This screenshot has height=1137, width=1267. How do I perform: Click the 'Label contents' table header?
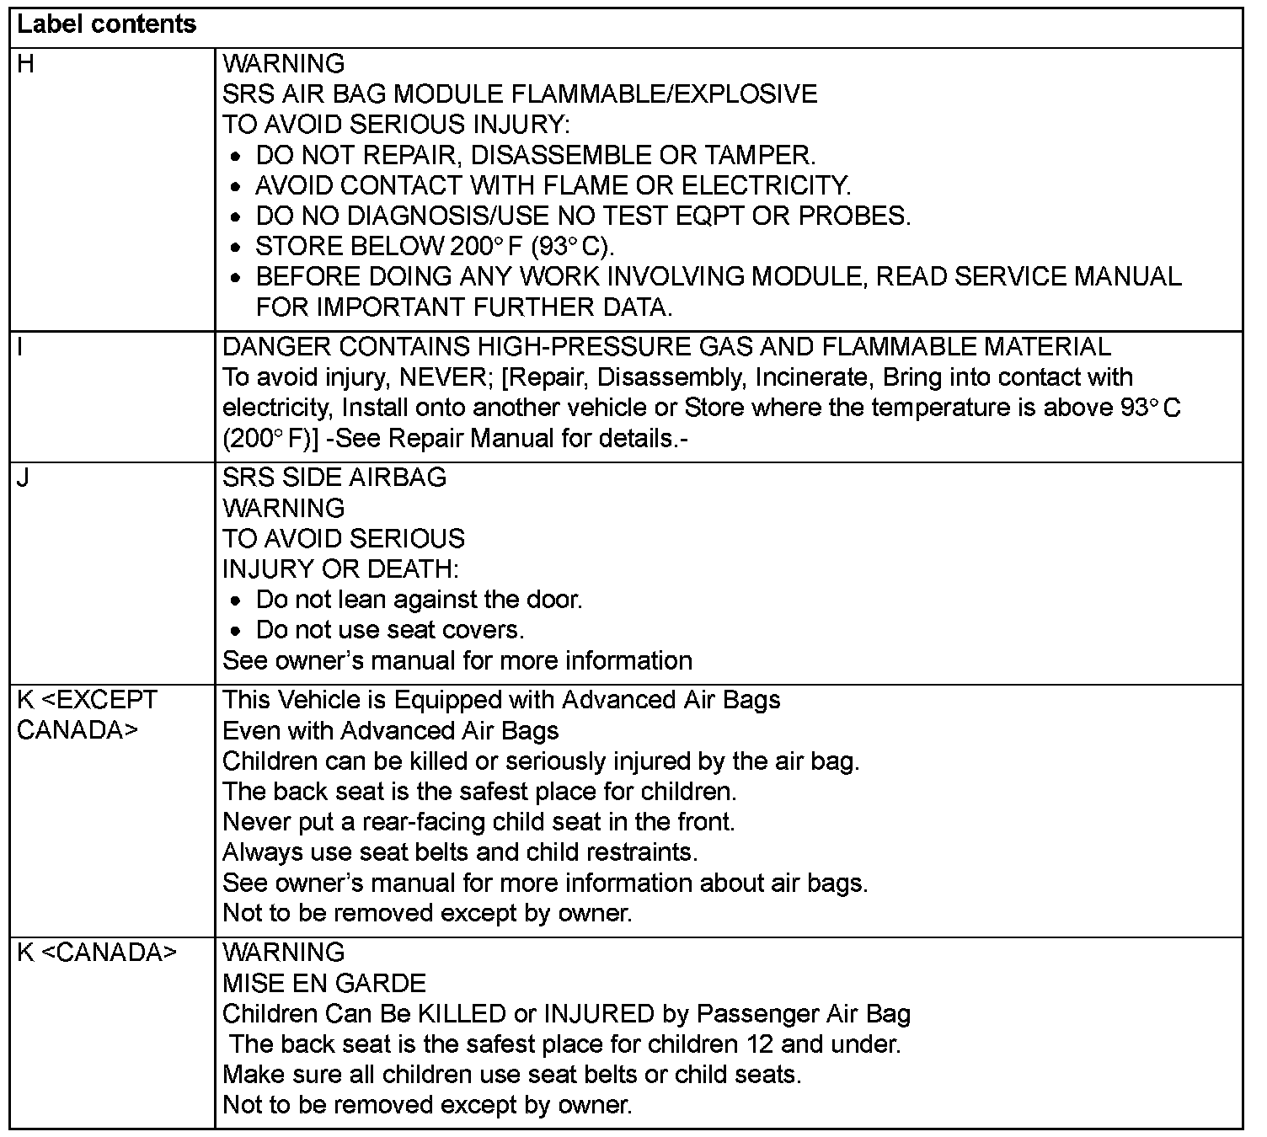(106, 25)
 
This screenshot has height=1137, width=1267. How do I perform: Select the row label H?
(26, 64)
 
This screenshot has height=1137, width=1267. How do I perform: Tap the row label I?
(20, 347)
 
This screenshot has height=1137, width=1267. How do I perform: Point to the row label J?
(24, 478)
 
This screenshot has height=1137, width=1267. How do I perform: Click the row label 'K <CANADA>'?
(97, 953)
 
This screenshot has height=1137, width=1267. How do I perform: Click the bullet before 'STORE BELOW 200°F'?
(238, 248)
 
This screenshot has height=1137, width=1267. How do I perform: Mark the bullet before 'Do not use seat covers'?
(238, 631)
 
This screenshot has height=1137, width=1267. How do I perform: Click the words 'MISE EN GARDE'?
(324, 983)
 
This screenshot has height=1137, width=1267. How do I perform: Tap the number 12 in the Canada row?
(760, 1044)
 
